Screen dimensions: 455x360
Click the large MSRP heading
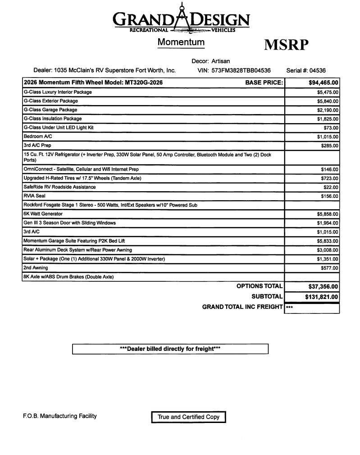click(x=286, y=45)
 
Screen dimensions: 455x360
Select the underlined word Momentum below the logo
click(x=181, y=42)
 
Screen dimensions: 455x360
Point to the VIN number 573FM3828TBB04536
click(x=241, y=70)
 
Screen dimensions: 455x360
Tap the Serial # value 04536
click(x=318, y=70)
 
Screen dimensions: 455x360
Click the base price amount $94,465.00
click(x=324, y=83)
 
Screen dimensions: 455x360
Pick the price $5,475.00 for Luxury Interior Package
click(x=328, y=92)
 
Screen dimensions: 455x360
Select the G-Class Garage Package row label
click(x=50, y=110)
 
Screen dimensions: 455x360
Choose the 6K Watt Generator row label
click(x=43, y=214)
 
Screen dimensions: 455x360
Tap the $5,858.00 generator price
click(x=328, y=214)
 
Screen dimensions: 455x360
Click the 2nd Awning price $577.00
click(x=329, y=268)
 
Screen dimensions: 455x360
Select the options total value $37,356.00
click(x=323, y=286)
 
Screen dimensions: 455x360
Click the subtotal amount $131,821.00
click(x=322, y=297)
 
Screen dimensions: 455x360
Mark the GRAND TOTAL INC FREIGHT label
click(x=242, y=307)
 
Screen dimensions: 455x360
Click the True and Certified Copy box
click(x=188, y=417)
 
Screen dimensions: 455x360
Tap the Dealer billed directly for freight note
click(x=170, y=349)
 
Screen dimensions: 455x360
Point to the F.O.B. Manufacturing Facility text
click(x=60, y=416)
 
